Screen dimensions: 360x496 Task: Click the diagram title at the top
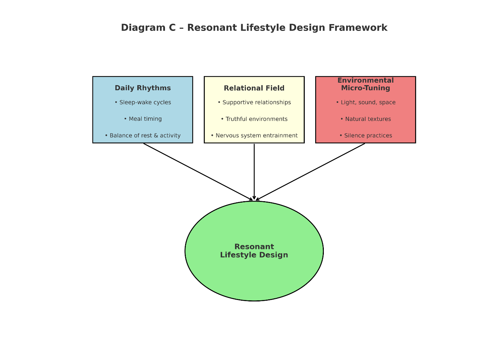pyautogui.click(x=254, y=28)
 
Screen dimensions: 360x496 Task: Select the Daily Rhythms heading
pyautogui.click(x=143, y=88)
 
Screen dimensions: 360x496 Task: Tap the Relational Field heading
pyautogui.click(x=254, y=88)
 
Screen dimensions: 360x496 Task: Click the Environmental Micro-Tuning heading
pyautogui.click(x=366, y=84)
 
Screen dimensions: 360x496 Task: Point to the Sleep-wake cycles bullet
pyautogui.click(x=143, y=102)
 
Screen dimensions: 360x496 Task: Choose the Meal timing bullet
pyautogui.click(x=143, y=119)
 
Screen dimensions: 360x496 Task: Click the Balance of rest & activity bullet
pyautogui.click(x=143, y=135)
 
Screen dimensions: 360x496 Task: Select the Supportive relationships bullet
pyautogui.click(x=254, y=102)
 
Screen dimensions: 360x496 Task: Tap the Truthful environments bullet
pyautogui.click(x=254, y=119)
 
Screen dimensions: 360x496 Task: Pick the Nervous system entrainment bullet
pyautogui.click(x=254, y=135)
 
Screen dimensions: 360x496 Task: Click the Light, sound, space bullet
pyautogui.click(x=366, y=102)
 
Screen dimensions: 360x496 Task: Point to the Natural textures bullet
pyautogui.click(x=366, y=119)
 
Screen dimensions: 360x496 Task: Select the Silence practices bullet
pyautogui.click(x=366, y=135)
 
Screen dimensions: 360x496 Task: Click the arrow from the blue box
pyautogui.click(x=198, y=172)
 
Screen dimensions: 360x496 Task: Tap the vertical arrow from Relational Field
pyautogui.click(x=254, y=172)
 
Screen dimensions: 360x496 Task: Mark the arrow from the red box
pyautogui.click(x=310, y=172)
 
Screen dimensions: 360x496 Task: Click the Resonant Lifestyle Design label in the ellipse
pyautogui.click(x=254, y=251)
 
